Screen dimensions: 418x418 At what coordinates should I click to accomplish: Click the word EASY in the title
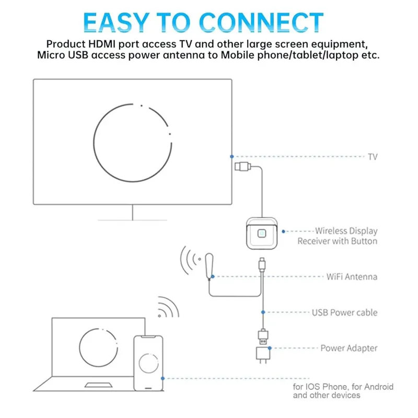pos(116,22)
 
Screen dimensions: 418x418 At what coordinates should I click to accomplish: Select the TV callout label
pos(373,157)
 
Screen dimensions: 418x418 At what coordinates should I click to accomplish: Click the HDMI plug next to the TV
pos(242,167)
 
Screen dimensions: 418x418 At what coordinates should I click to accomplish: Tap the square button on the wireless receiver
pos(262,234)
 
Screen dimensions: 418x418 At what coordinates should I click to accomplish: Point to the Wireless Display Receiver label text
pos(338,236)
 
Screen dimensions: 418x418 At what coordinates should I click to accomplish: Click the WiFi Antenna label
pos(352,277)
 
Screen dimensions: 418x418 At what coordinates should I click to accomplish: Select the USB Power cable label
pos(345,312)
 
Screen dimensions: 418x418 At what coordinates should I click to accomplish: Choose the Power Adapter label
pos(349,348)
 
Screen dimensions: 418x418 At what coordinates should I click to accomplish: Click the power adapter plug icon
pos(263,355)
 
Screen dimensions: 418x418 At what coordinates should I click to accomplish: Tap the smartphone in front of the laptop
pos(148,363)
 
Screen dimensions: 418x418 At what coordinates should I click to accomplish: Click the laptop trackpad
pos(98,385)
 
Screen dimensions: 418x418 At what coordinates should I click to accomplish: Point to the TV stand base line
pos(133,220)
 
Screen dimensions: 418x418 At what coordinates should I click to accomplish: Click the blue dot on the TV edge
pos(232,156)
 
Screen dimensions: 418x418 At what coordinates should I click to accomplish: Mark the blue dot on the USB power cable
pos(263,312)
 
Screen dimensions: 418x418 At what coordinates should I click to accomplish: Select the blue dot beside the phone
pos(162,378)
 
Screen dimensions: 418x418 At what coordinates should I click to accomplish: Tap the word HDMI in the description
pos(102,44)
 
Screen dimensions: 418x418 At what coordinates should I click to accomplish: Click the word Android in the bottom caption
pos(378,387)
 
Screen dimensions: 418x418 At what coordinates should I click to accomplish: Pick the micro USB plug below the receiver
pos(262,264)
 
